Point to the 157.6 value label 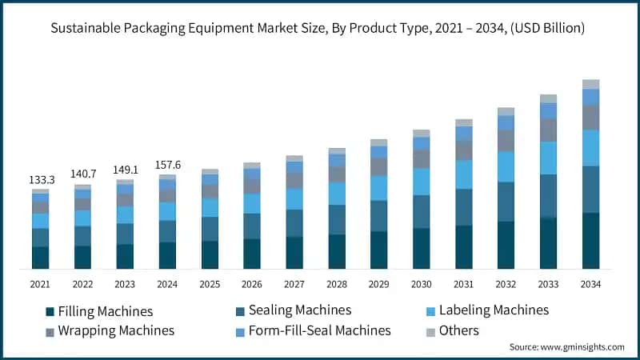pyautogui.click(x=167, y=165)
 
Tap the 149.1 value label pyautogui.click(x=125, y=170)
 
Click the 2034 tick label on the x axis pyautogui.click(x=590, y=284)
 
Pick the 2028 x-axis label pyautogui.click(x=337, y=284)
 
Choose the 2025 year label pyautogui.click(x=210, y=284)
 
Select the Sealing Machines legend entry pyautogui.click(x=299, y=310)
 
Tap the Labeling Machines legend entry pyautogui.click(x=498, y=310)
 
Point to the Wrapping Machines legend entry pyautogui.click(x=110, y=330)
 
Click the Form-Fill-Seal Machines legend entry pyautogui.click(x=319, y=330)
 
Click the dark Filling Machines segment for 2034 pyautogui.click(x=590, y=240)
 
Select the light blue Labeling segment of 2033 pyautogui.click(x=548, y=158)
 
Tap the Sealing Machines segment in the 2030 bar pyautogui.click(x=422, y=211)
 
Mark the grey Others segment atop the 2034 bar pyautogui.click(x=590, y=84)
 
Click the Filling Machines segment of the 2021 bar pyautogui.click(x=40, y=257)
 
